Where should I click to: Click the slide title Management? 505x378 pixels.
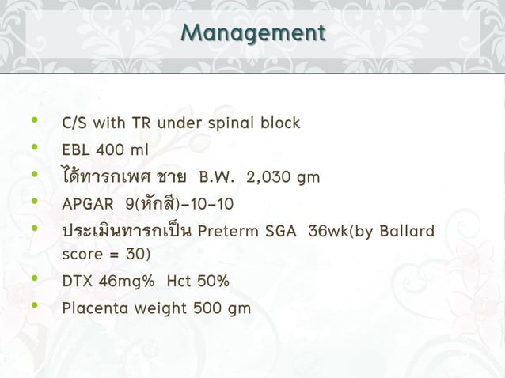click(x=252, y=34)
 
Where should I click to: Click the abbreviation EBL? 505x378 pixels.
click(x=77, y=150)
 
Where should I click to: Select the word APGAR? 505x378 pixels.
click(x=84, y=205)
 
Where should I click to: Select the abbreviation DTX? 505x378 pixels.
click(x=77, y=282)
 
